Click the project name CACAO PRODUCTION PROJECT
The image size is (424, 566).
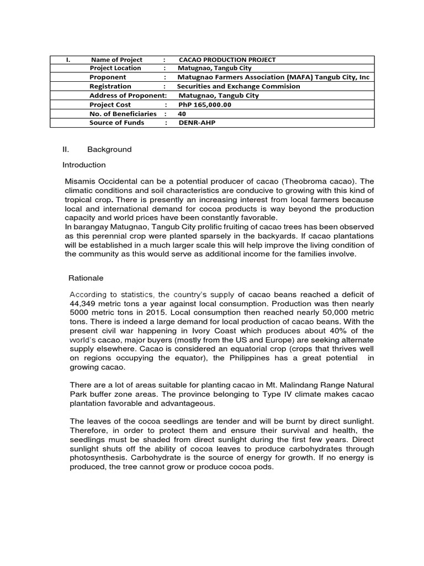pos(227,60)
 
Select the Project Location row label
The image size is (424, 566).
pos(115,68)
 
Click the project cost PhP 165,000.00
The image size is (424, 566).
pos(205,104)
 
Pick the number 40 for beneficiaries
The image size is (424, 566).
pos(182,113)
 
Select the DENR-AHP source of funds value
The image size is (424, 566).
pos(197,123)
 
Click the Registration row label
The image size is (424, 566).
pos(110,86)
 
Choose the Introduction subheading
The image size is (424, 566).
pos(84,165)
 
